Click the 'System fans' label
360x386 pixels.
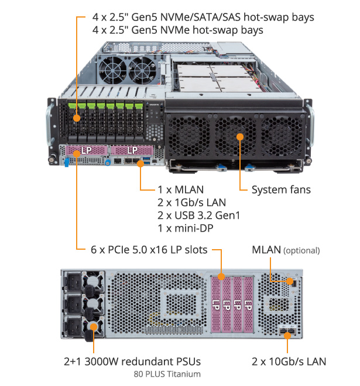(x=281, y=189)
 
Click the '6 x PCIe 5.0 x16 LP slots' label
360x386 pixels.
(x=149, y=250)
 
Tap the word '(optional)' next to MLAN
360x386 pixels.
(x=301, y=250)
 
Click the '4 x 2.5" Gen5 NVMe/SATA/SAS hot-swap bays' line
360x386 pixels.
(x=203, y=17)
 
